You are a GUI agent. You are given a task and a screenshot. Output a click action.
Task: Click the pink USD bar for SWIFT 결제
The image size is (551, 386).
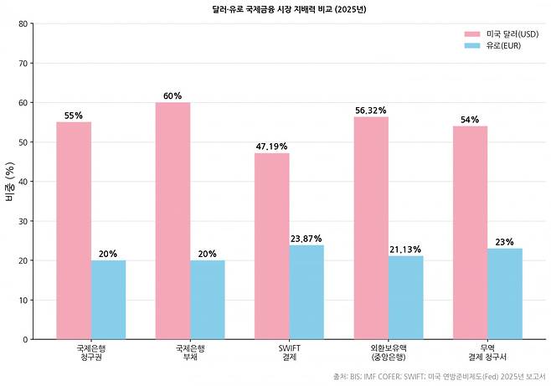(272, 246)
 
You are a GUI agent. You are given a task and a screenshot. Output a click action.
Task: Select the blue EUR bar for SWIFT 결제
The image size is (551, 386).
(306, 292)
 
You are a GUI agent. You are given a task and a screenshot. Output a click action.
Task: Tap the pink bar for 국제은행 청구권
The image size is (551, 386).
(74, 230)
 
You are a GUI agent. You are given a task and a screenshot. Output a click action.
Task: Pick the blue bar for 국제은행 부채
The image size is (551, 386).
(207, 300)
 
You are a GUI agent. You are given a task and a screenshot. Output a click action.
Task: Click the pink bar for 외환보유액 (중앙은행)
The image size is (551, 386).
(371, 228)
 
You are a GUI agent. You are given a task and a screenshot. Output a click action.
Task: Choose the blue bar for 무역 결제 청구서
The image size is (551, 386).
(504, 294)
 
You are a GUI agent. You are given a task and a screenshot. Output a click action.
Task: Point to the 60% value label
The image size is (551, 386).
(173, 96)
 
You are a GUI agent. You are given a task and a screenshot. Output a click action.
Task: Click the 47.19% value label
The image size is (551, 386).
(272, 147)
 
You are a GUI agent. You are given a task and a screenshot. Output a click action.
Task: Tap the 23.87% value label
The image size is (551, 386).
(306, 239)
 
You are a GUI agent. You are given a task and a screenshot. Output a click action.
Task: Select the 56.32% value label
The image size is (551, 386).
(371, 111)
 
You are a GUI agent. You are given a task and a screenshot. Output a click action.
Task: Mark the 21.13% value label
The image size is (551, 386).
(405, 250)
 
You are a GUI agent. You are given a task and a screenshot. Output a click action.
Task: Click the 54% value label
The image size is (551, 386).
(470, 120)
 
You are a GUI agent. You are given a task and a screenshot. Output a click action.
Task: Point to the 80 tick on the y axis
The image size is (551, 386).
(23, 23)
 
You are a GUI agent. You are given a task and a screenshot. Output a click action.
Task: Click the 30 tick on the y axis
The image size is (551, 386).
(23, 221)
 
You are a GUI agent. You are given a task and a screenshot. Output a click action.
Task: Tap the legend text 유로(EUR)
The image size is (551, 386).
(503, 45)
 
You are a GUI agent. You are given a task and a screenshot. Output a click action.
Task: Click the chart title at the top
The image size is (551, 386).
(275, 8)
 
